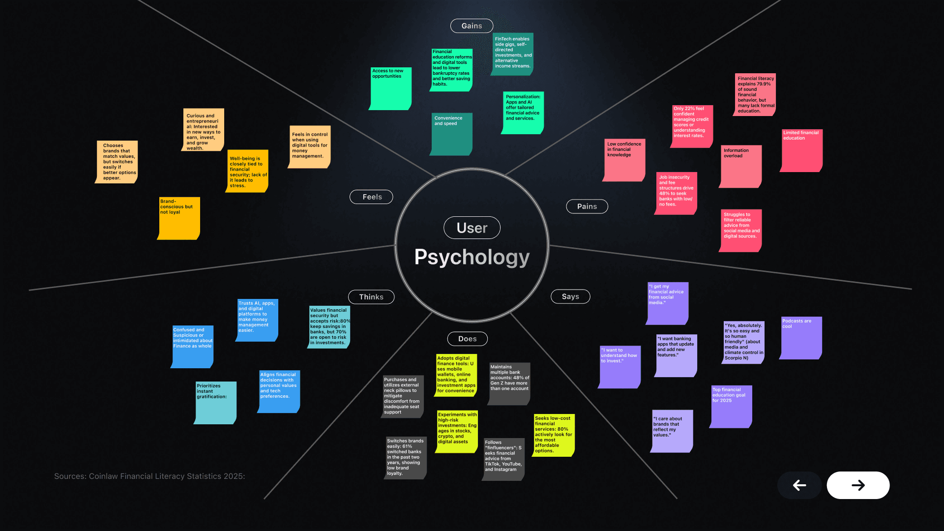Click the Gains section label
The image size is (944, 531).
click(472, 26)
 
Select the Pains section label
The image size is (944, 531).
click(587, 206)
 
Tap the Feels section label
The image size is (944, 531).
click(371, 197)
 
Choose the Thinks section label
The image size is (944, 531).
click(371, 297)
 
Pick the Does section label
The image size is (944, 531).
click(467, 339)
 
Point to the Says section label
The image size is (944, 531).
click(570, 296)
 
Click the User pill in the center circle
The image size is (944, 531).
click(472, 228)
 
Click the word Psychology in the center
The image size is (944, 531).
click(472, 257)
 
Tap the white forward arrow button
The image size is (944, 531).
click(857, 485)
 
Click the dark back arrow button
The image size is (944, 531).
click(799, 485)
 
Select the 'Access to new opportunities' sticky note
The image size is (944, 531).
click(390, 88)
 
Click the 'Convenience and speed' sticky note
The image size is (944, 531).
click(451, 134)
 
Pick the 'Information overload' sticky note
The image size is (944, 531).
click(740, 166)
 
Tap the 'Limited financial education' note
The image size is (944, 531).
click(801, 150)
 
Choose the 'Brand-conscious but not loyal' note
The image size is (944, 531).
click(179, 218)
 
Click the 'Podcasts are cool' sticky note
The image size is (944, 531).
click(801, 338)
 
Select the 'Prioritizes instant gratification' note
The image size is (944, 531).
click(216, 403)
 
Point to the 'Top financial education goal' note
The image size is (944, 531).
click(731, 407)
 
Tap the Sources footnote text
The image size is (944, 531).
click(149, 476)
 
